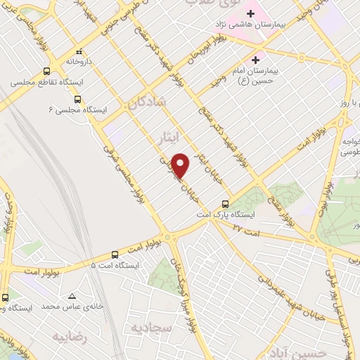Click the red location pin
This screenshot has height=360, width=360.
[181, 165]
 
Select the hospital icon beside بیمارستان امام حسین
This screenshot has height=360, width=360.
[256, 59]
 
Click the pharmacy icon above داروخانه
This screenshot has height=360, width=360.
[79, 51]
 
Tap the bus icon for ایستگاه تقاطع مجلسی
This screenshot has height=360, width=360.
[46, 71]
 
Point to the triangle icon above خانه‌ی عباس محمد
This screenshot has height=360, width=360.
[72, 295]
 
